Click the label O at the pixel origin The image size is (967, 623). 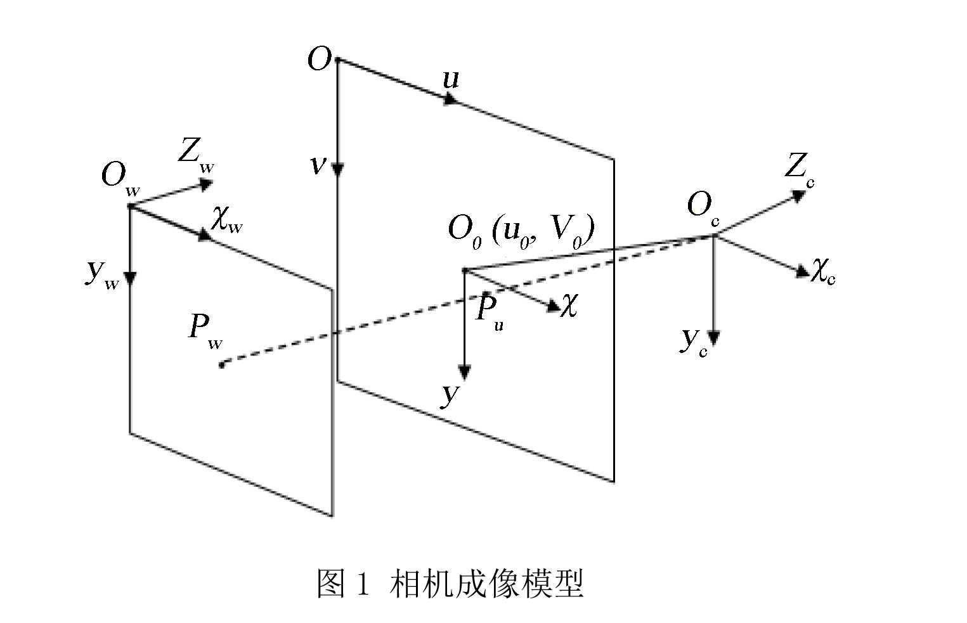pyautogui.click(x=319, y=60)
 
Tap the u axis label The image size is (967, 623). pyautogui.click(x=450, y=79)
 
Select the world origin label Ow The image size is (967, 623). pyautogui.click(x=120, y=176)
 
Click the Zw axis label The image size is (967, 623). pyautogui.click(x=195, y=155)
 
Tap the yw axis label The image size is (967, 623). pyautogui.click(x=101, y=274)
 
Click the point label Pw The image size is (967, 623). pyautogui.click(x=205, y=330)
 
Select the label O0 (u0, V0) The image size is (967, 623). pyautogui.click(x=521, y=231)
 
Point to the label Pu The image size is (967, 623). pyautogui.click(x=489, y=311)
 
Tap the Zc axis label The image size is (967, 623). pyautogui.click(x=798, y=169)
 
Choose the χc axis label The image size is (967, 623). pyautogui.click(x=823, y=271)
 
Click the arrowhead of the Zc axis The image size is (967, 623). pyautogui.click(x=798, y=195)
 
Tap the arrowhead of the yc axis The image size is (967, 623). pyautogui.click(x=715, y=337)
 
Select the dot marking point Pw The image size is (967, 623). pyautogui.click(x=221, y=364)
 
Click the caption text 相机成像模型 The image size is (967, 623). pyautogui.click(x=487, y=584)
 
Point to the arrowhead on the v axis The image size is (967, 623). pyautogui.click(x=338, y=169)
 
